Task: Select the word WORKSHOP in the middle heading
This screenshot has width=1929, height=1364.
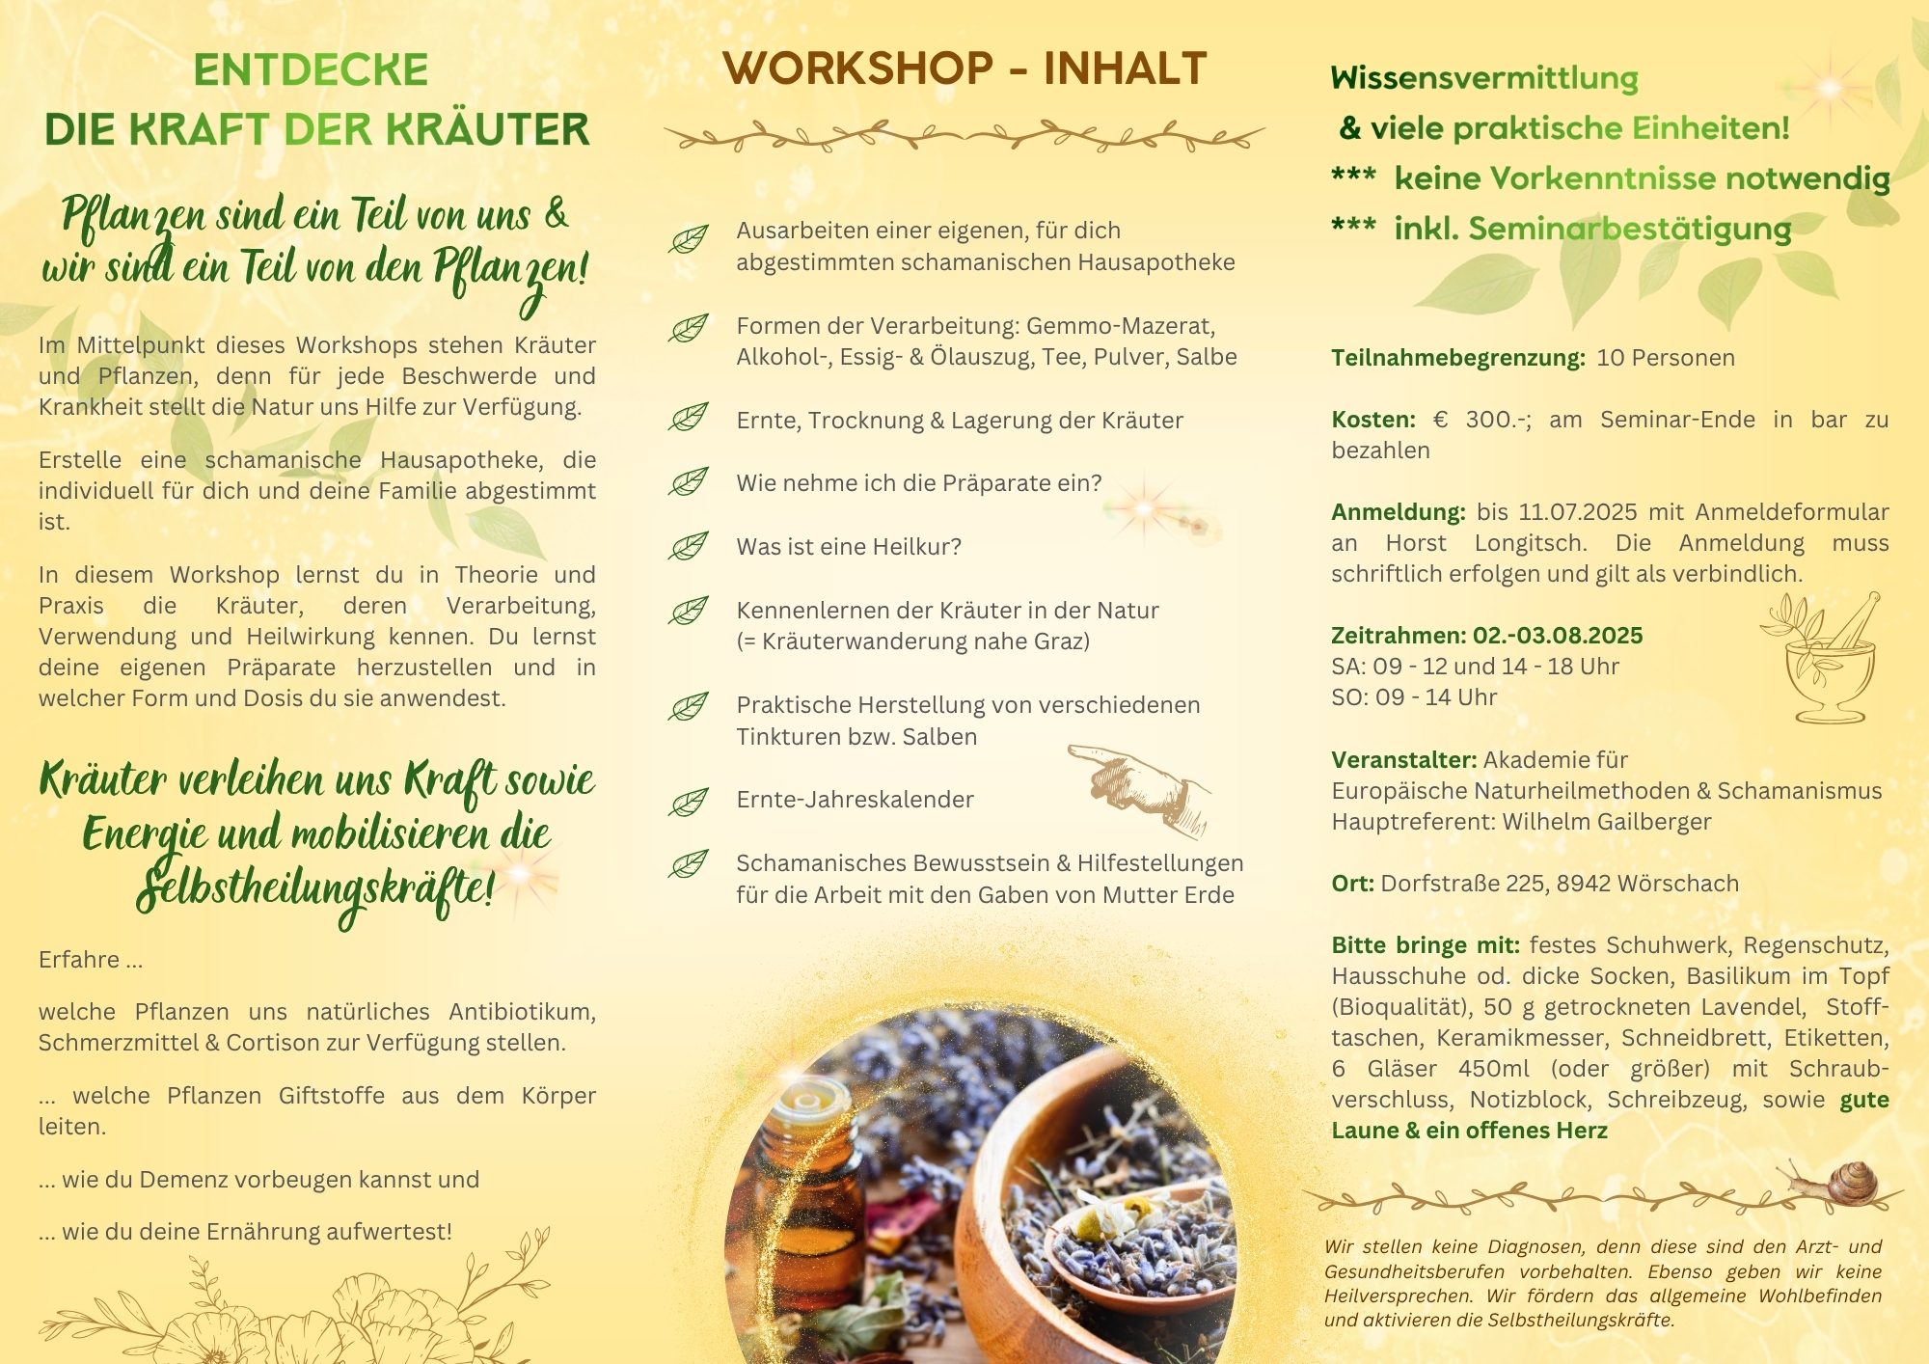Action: pos(857,68)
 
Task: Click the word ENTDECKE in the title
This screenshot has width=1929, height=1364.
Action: pos(311,70)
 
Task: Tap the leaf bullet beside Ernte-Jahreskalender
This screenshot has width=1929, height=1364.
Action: pos(689,801)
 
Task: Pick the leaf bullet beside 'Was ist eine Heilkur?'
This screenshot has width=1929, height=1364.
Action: pos(689,546)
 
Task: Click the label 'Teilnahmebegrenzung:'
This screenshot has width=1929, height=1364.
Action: pos(1458,358)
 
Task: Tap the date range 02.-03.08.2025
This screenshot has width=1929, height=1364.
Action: pos(1558,636)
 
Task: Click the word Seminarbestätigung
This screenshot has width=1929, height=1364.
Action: pos(1630,230)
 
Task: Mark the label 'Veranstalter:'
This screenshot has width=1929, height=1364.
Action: pos(1404,760)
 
